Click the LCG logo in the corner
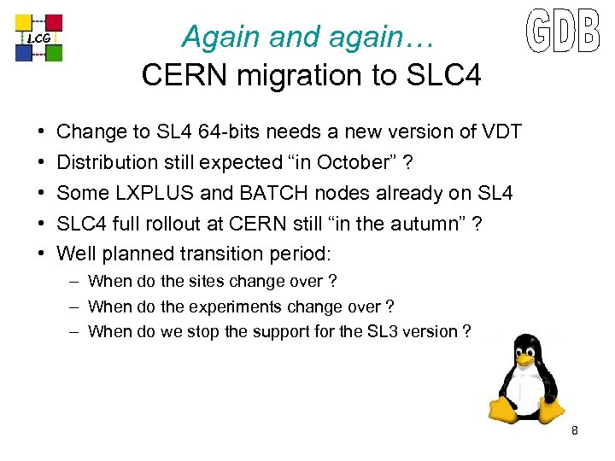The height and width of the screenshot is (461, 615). [x=40, y=38]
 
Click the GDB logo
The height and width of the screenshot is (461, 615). [x=561, y=32]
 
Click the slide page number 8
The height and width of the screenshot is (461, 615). [x=575, y=431]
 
